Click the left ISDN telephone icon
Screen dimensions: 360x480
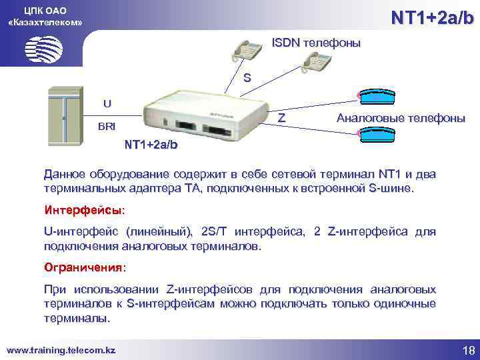pyautogui.click(x=248, y=47)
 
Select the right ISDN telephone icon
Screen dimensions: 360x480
pyautogui.click(x=317, y=61)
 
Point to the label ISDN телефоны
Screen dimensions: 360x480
pyautogui.click(x=316, y=43)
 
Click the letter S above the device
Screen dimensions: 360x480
pyautogui.click(x=247, y=78)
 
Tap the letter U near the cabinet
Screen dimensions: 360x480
pyautogui.click(x=107, y=103)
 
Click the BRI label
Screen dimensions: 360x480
pyautogui.click(x=106, y=126)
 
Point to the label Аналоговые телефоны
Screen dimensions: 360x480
pyautogui.click(x=401, y=118)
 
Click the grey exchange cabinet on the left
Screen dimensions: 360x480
pyautogui.click(x=65, y=117)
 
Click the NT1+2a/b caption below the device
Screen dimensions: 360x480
pyautogui.click(x=152, y=145)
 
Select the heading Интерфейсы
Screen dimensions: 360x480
pyautogui.click(x=84, y=210)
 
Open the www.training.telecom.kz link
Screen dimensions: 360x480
pyautogui.click(x=61, y=349)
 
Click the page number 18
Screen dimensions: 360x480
pyautogui.click(x=467, y=350)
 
